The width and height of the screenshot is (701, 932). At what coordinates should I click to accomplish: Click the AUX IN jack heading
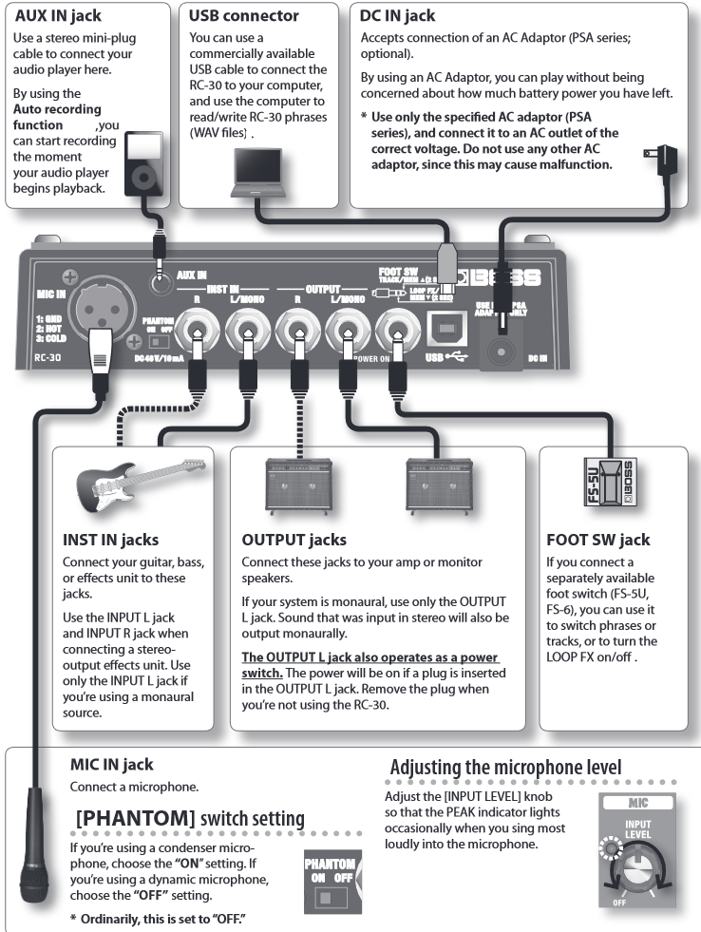coord(59,16)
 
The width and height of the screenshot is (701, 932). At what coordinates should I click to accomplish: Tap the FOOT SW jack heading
coord(597,540)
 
